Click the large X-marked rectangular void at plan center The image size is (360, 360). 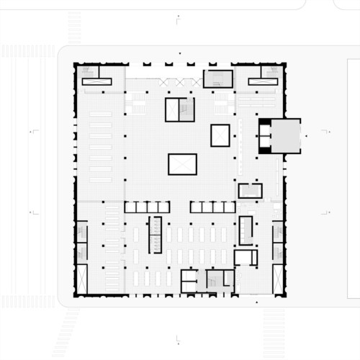click(x=182, y=164)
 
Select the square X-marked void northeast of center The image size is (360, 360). click(x=220, y=135)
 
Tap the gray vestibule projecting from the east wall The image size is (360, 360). click(x=285, y=136)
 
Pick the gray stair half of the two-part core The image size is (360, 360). click(x=186, y=109)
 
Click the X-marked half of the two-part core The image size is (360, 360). click(x=173, y=109)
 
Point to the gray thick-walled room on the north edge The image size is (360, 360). click(x=218, y=78)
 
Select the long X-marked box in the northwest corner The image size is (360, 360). click(x=96, y=81)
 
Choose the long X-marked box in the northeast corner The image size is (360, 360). click(x=263, y=81)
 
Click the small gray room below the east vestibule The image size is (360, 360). click(x=250, y=190)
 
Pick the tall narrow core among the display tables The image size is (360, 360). click(x=155, y=234)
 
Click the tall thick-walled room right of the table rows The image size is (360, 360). click(x=246, y=230)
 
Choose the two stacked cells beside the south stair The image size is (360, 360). click(x=188, y=280)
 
